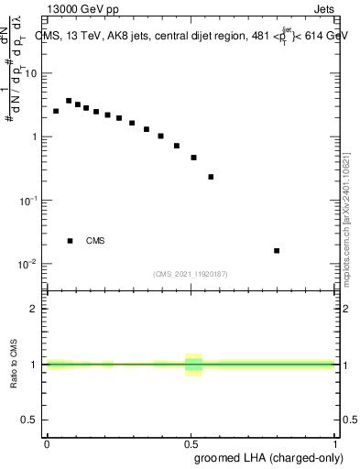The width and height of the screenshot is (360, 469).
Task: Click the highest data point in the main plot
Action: [69, 101]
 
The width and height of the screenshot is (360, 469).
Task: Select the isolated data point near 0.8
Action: [277, 250]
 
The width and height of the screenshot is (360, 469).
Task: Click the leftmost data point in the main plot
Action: [56, 111]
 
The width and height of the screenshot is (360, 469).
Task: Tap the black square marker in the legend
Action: [70, 241]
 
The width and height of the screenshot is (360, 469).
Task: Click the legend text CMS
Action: [95, 241]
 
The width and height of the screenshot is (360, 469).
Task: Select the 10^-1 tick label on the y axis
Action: [31, 200]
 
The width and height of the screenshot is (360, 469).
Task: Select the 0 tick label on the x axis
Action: [47, 443]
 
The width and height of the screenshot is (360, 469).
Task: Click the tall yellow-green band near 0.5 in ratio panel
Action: [193, 365]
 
